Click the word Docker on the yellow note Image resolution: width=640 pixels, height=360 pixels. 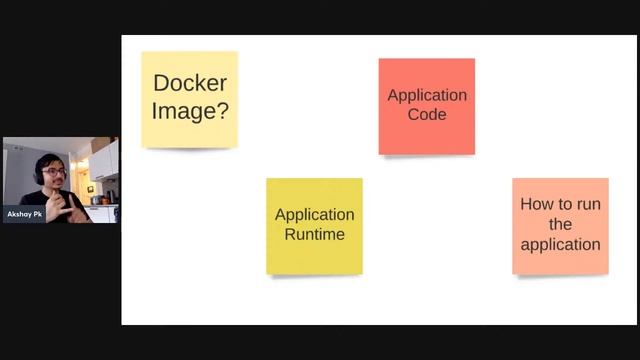pos(189,84)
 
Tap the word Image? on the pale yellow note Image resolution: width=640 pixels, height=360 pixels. pos(189,110)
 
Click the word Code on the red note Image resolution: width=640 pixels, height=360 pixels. pos(427,114)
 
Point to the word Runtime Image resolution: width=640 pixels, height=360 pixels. pos(314,234)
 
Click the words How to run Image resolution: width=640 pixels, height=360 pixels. pos(560,204)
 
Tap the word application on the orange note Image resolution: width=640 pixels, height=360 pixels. pos(560,244)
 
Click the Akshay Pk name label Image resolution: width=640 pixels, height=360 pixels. pos(25,214)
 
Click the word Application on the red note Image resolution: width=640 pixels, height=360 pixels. pos(427,95)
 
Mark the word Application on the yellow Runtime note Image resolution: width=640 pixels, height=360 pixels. pos(314,214)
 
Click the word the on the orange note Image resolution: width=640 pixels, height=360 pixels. pos(560,224)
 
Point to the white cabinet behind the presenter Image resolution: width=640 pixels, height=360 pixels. pos(104,160)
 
